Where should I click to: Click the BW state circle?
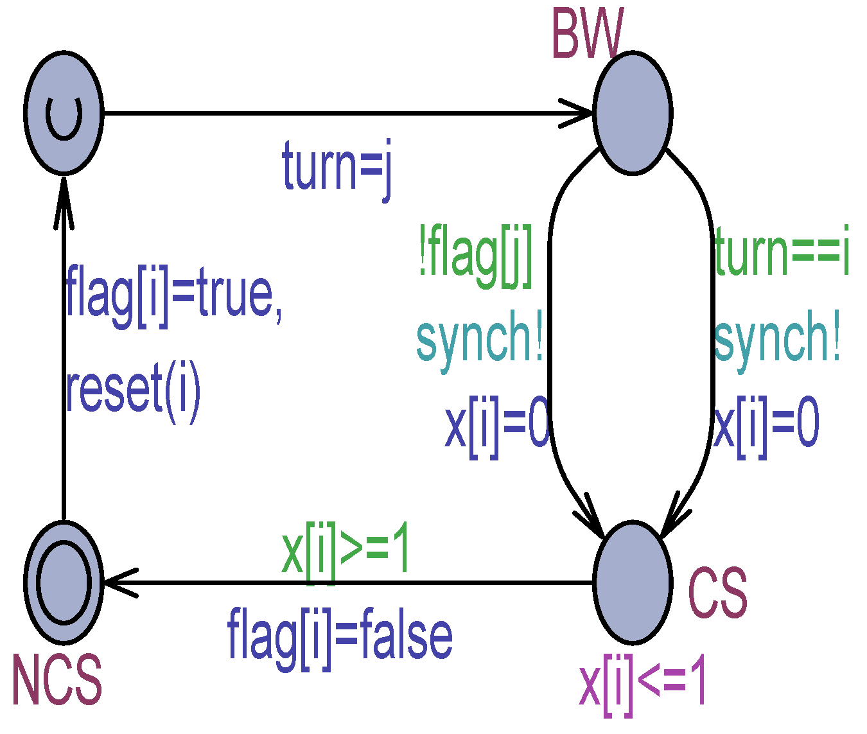[633, 113]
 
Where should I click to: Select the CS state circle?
[633, 582]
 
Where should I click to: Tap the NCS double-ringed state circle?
[64, 582]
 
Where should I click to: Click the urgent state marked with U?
[64, 113]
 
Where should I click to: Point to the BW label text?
[587, 35]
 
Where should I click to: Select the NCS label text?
[57, 679]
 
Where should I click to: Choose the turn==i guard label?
[782, 253]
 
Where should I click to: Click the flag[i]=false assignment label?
[340, 636]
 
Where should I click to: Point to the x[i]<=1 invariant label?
[643, 686]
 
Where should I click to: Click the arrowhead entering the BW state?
[578, 114]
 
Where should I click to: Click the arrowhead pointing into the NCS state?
[119, 582]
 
